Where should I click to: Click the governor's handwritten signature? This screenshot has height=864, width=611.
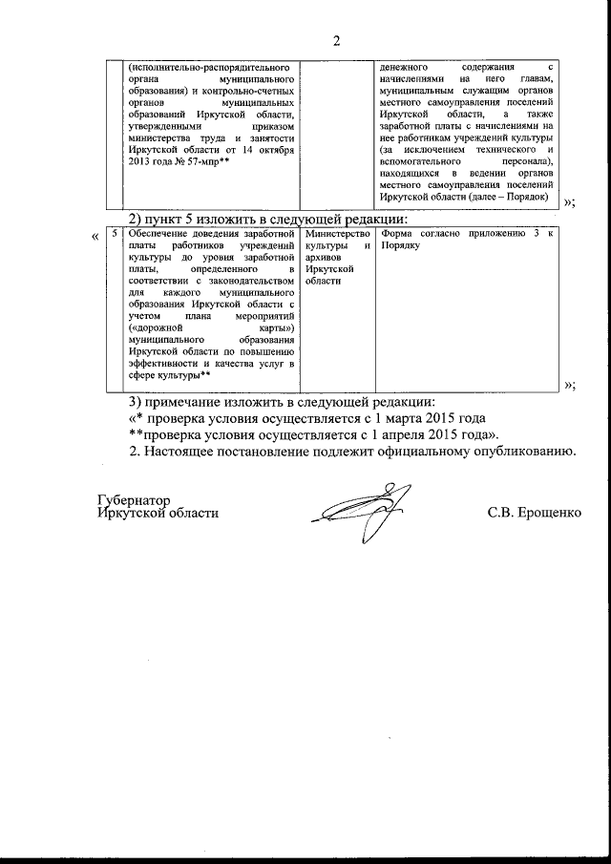[356, 510]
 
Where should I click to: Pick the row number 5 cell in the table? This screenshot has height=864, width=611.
[114, 232]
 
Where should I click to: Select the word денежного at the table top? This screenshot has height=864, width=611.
[405, 68]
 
